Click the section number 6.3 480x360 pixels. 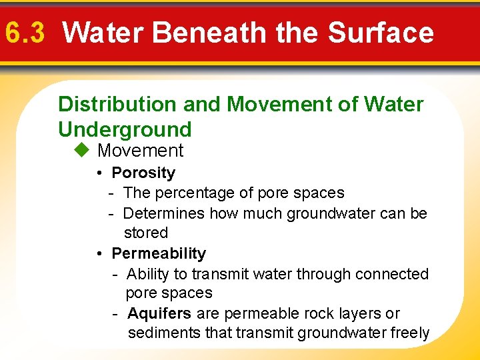coord(24,32)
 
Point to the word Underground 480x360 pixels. coord(125,129)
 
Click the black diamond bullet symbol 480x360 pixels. coord(81,151)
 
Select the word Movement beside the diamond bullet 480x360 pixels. coord(140,151)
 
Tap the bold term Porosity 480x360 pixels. coord(143,173)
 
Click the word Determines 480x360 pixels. coord(164,213)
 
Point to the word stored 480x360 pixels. coord(146,233)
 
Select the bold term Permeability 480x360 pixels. coord(159,253)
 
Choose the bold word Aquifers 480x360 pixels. coord(159,313)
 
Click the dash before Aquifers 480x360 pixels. coord(116,313)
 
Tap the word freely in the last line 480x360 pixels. coord(408,333)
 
